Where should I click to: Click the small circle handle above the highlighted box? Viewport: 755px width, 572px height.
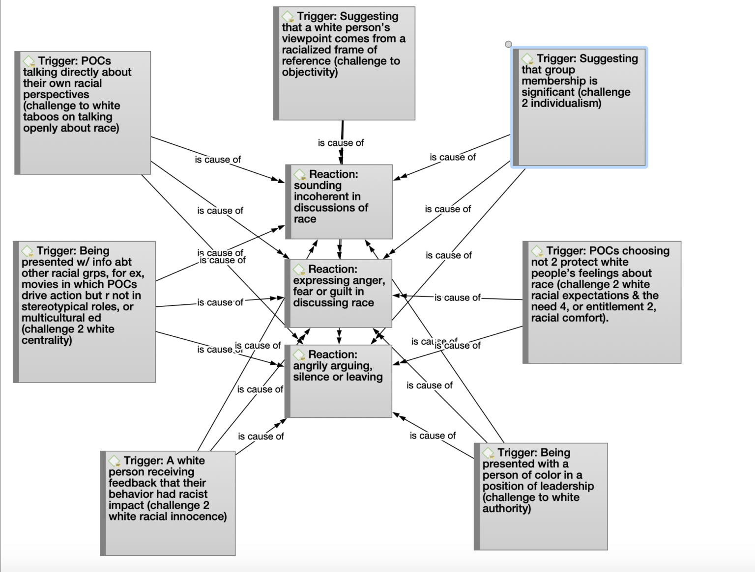click(509, 44)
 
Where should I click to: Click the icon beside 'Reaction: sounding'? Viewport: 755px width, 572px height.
click(300, 175)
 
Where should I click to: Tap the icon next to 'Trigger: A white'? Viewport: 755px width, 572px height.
click(115, 461)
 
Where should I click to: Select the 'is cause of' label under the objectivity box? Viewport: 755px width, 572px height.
click(341, 143)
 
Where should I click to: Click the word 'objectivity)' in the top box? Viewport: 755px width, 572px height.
click(310, 72)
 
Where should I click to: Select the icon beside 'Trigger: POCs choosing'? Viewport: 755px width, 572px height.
click(537, 251)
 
